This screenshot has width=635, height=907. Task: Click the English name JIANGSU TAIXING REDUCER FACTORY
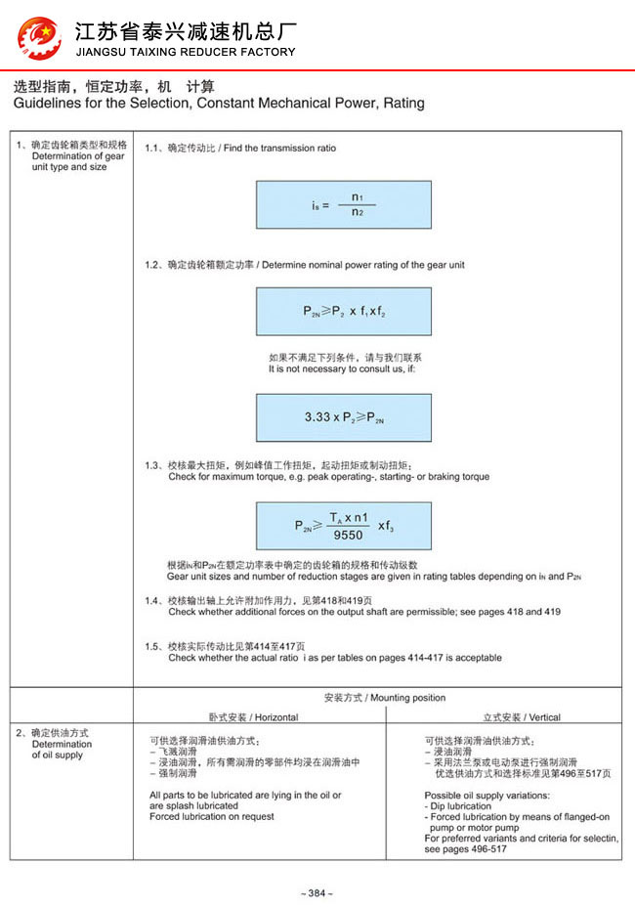point(185,52)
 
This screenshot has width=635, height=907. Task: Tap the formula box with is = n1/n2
point(343,205)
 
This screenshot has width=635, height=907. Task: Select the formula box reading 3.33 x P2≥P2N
point(343,416)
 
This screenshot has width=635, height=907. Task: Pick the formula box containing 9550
point(343,525)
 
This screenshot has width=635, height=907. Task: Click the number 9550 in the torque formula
point(348,535)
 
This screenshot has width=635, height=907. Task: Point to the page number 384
point(317,893)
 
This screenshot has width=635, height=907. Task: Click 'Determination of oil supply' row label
point(61,750)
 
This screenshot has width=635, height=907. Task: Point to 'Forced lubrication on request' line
point(212,816)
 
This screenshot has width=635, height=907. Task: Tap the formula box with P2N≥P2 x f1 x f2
point(343,312)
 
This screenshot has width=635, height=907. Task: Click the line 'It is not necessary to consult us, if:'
point(347,368)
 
